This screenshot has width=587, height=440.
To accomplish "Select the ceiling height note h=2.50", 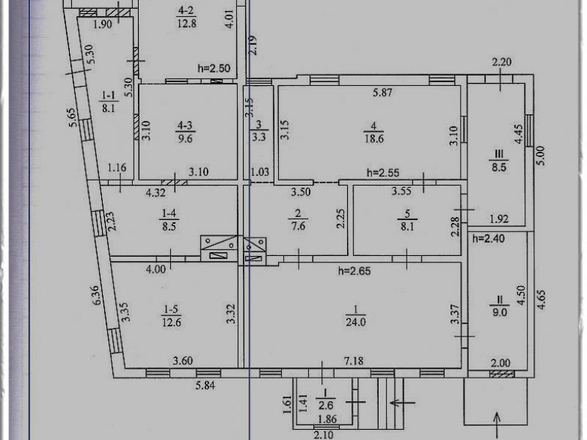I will (x=214, y=69).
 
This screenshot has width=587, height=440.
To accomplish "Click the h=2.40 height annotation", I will (x=489, y=238).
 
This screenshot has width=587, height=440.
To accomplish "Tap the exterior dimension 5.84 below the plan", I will (x=209, y=384).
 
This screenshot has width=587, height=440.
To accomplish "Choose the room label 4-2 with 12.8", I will (x=185, y=17).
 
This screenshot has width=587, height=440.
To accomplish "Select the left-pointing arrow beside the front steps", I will (x=401, y=402).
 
